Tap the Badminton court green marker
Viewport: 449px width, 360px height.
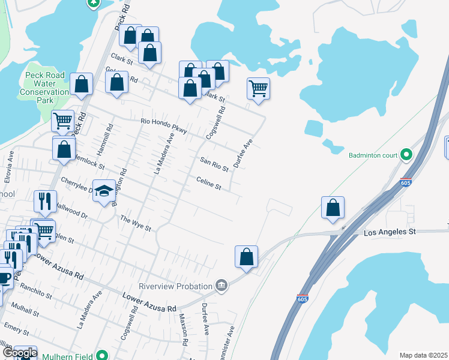pyautogui.click(x=406, y=155)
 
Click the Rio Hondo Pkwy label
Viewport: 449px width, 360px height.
pyautogui.click(x=164, y=125)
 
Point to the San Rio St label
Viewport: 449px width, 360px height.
pyautogui.click(x=214, y=164)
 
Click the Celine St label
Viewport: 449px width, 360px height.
pyautogui.click(x=209, y=183)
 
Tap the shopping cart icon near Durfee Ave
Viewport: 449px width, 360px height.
pyautogui.click(x=258, y=89)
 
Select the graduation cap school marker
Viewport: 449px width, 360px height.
pyautogui.click(x=104, y=191)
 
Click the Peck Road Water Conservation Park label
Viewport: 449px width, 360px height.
pyautogui.click(x=45, y=88)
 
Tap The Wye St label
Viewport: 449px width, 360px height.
pyautogui.click(x=135, y=223)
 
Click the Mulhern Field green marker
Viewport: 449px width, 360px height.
pyautogui.click(x=102, y=356)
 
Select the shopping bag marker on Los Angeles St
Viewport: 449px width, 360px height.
pyautogui.click(x=333, y=208)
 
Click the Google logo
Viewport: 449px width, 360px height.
pyautogui.click(x=20, y=353)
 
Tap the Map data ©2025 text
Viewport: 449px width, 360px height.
pyautogui.click(x=423, y=355)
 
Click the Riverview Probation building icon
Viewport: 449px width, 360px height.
pyautogui.click(x=221, y=284)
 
